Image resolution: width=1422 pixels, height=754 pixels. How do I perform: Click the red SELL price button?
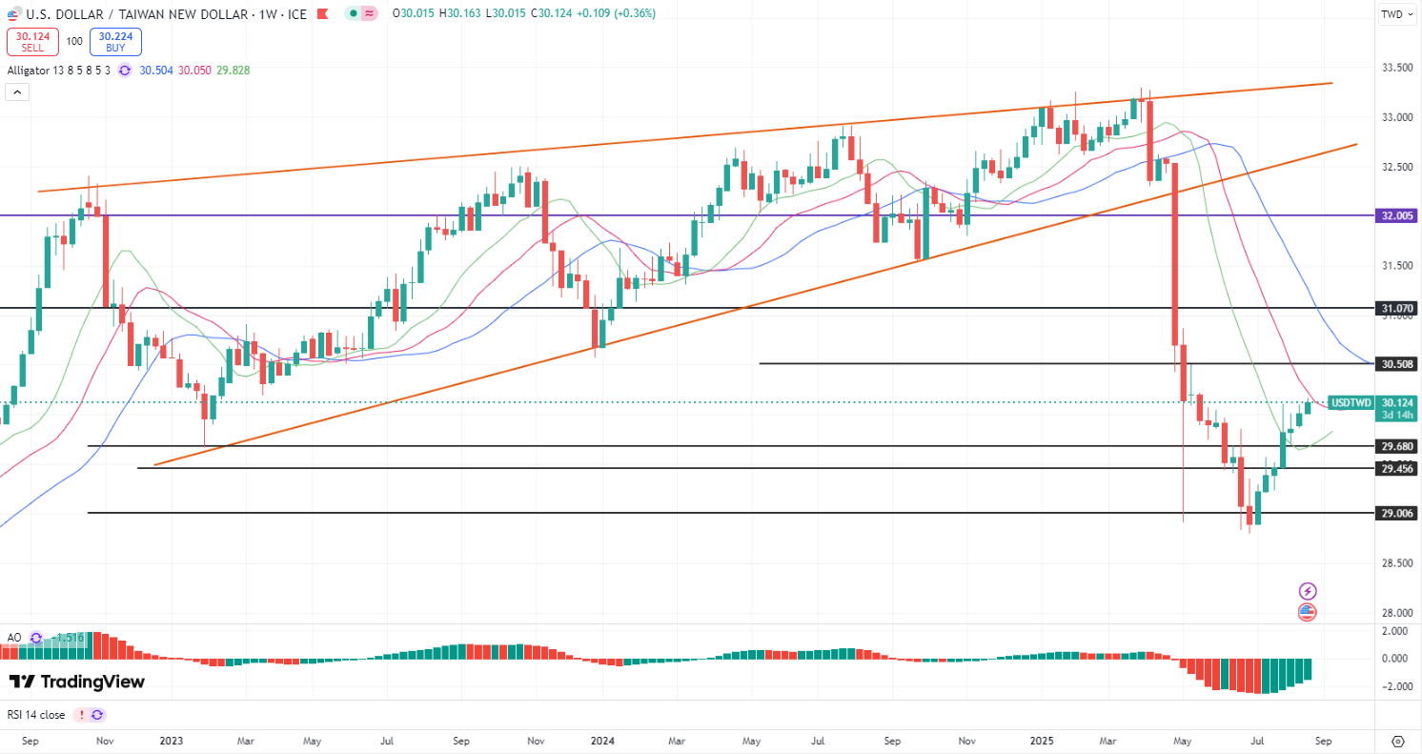point(32,42)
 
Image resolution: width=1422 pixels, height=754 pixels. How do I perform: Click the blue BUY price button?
point(115,42)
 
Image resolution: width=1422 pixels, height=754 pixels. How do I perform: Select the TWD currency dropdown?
point(1397,14)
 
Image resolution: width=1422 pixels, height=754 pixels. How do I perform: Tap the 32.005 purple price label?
point(1396,215)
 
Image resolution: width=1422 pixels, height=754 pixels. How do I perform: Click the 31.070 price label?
point(1396,309)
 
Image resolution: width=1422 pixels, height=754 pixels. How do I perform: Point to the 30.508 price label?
point(1396,364)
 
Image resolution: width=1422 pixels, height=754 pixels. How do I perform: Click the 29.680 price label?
point(1396,446)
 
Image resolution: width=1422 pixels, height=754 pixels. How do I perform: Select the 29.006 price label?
point(1396,513)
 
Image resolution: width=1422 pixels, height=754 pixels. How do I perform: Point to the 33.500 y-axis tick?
point(1396,68)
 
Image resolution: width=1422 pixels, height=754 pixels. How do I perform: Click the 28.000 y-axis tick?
point(1396,613)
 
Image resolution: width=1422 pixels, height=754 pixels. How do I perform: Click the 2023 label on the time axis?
point(172,740)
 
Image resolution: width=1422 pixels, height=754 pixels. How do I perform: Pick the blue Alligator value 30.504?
point(156,71)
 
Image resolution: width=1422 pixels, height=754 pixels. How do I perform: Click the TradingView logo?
point(76,682)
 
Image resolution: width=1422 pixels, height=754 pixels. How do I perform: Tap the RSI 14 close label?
point(36,714)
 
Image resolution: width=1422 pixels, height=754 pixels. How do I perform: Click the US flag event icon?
point(1307,612)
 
